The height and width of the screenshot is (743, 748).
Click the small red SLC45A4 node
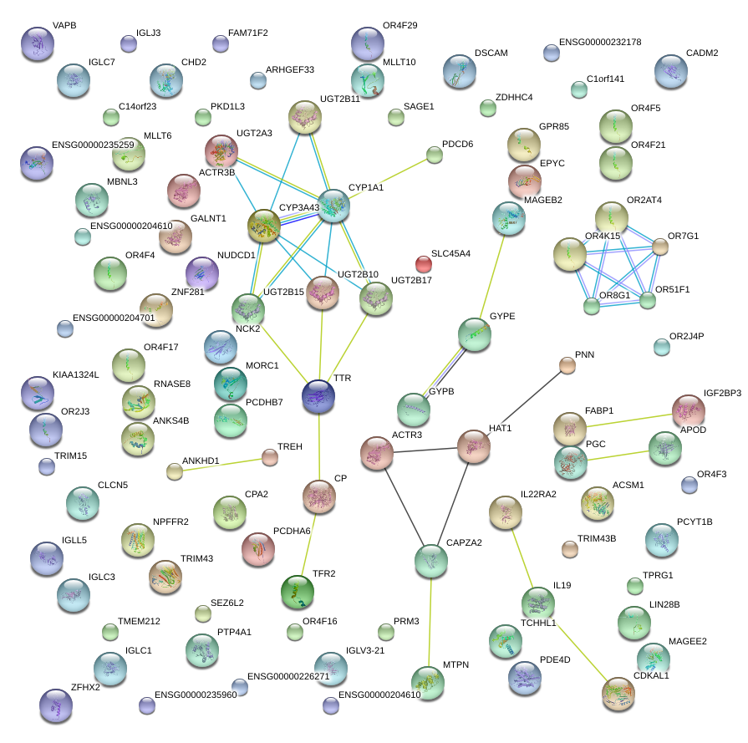pos(425,264)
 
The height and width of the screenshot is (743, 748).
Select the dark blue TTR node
pos(318,395)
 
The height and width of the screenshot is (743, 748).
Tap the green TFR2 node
pos(298,591)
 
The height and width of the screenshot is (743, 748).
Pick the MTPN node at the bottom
pos(428,682)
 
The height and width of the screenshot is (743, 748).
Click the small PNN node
pos(567,365)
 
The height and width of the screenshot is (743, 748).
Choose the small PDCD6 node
pos(435,154)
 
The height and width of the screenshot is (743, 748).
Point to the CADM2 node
pos(671,72)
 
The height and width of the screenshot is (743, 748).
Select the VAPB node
pos(37,43)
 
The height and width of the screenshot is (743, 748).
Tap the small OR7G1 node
pos(660,247)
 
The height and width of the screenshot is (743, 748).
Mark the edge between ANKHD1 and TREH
pos(222,464)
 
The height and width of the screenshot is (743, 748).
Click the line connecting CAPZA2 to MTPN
pos(430,623)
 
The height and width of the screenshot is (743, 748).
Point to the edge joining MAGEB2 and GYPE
pos(491,276)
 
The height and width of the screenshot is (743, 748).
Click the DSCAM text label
pos(491,53)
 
